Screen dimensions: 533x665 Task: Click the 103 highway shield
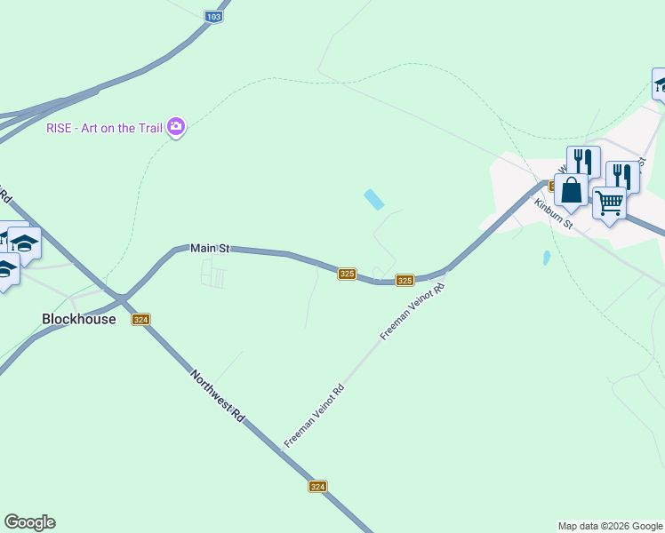[213, 17]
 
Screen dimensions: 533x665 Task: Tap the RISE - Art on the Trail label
[104, 128]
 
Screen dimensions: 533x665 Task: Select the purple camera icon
[176, 127]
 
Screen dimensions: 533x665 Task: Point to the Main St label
[211, 249]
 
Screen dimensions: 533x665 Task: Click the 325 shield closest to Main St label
[348, 274]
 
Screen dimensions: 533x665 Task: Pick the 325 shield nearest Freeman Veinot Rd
[405, 281]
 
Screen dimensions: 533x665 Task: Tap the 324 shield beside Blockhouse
[141, 320]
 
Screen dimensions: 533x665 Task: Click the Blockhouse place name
[79, 318]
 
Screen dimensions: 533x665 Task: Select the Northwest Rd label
[217, 394]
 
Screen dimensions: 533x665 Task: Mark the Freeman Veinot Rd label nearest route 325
[412, 312]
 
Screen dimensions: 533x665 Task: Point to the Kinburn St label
[552, 211]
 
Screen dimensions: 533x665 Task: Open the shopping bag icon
[571, 191]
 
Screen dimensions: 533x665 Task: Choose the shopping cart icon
[609, 203]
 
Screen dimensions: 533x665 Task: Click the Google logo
[29, 522]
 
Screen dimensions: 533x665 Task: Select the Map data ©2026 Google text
[610, 526]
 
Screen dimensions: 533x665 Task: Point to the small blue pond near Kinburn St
[547, 259]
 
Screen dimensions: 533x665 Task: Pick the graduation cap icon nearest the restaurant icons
[660, 84]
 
